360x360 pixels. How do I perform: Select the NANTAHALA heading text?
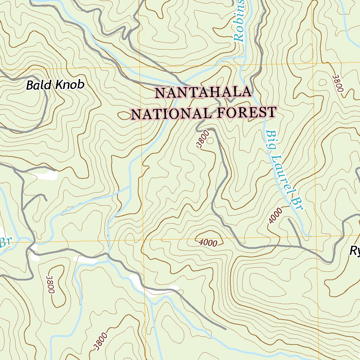203,93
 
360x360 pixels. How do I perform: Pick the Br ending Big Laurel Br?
297,205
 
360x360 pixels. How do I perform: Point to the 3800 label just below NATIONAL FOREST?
203,139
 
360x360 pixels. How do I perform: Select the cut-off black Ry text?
354,251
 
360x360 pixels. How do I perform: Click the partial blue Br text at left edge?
4,242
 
